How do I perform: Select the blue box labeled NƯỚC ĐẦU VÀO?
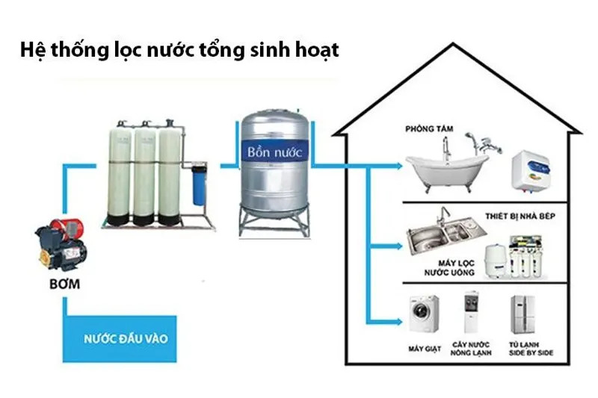coord(126,338)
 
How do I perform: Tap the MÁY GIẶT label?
coord(424,349)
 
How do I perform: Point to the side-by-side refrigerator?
coord(523,314)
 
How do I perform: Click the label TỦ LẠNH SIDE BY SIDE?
coord(530,349)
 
